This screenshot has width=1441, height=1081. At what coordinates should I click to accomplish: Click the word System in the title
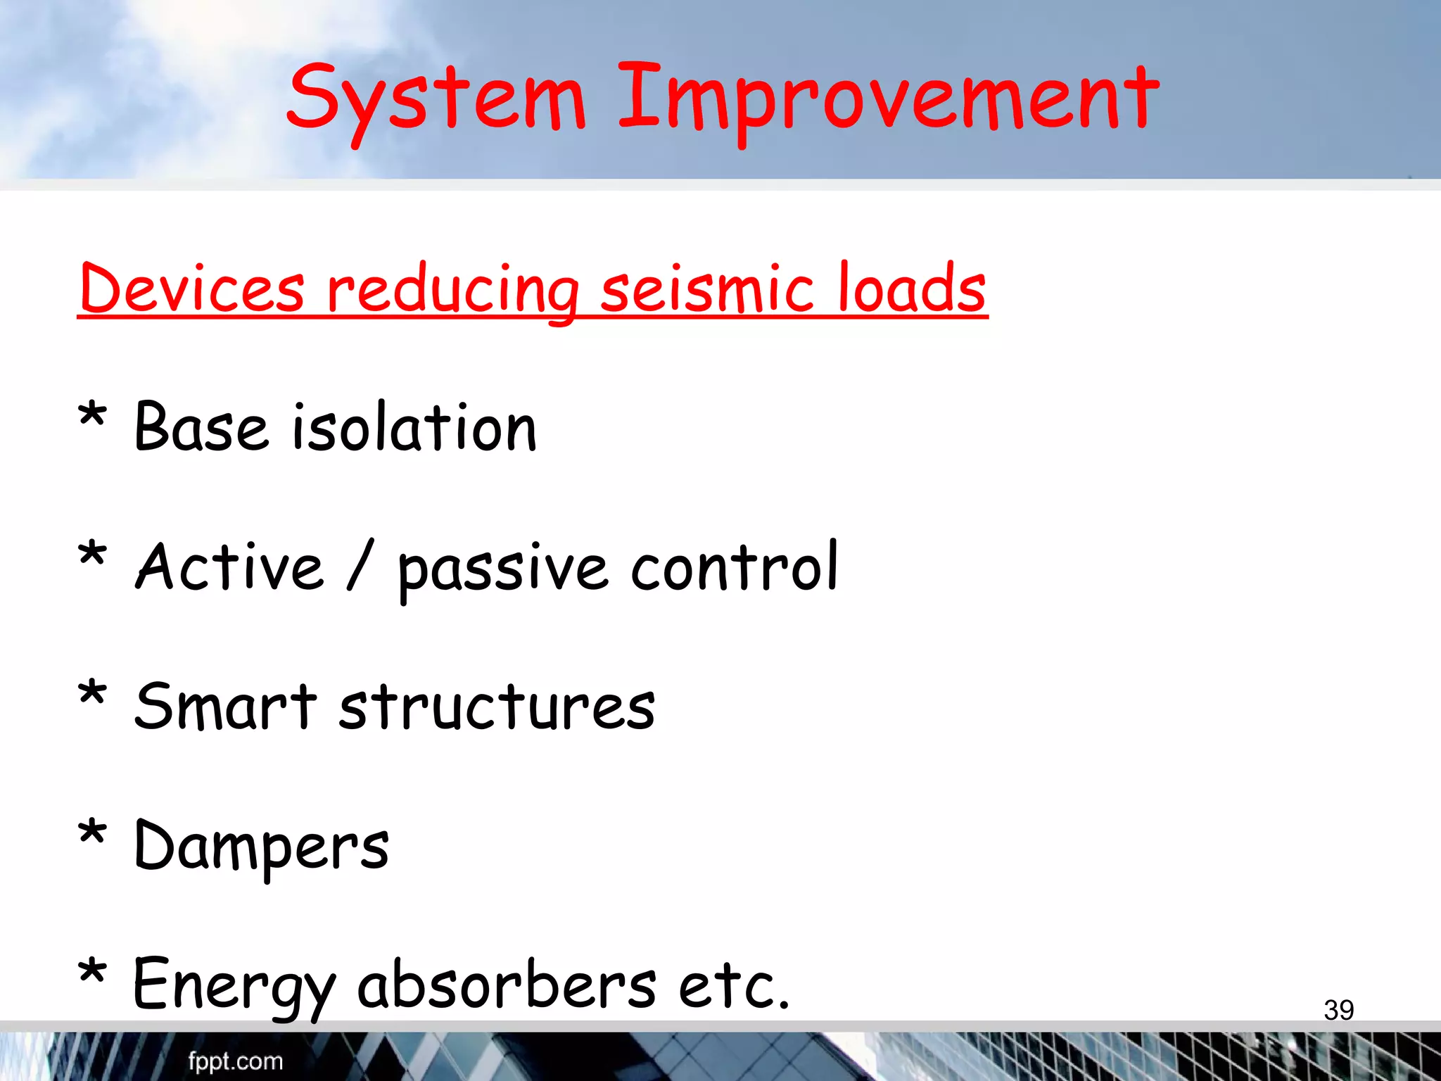[x=436, y=99]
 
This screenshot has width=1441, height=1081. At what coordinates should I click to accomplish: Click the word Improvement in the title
[x=888, y=99]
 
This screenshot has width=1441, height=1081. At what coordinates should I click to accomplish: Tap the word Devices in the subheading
[x=192, y=289]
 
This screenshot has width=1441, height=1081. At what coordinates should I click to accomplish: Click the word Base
[x=201, y=427]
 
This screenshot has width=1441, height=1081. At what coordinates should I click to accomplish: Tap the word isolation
[x=414, y=427]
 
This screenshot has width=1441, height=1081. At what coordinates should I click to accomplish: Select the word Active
[x=229, y=567]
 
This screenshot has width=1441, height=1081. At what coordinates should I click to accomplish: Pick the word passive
[x=502, y=570]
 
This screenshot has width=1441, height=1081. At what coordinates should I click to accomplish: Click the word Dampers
[x=261, y=847]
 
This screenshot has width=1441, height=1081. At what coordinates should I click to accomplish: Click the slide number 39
[x=1338, y=1010]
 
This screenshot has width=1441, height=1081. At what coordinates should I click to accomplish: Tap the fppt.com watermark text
[x=235, y=1061]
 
